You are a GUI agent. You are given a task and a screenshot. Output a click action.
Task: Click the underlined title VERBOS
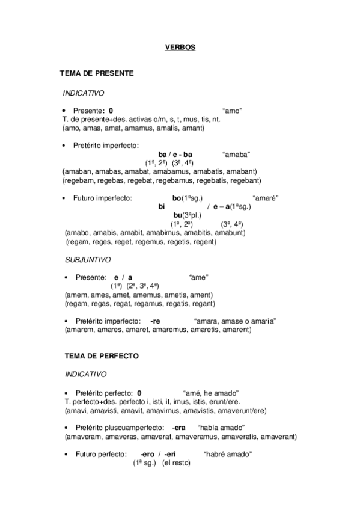pyautogui.click(x=180, y=46)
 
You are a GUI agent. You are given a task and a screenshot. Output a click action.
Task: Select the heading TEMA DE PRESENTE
pyautogui.click(x=96, y=73)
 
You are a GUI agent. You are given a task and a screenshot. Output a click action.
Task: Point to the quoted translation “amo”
pyautogui.click(x=232, y=111)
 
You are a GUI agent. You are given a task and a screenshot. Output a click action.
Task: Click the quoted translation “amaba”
pyautogui.click(x=236, y=155)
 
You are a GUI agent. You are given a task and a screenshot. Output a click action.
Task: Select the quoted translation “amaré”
pyautogui.click(x=266, y=198)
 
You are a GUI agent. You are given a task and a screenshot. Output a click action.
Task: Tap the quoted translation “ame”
pyautogui.click(x=198, y=277)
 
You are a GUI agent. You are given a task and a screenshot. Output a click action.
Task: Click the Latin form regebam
pyautogui.click(x=79, y=180)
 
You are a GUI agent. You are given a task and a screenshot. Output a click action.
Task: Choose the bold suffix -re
pyautogui.click(x=155, y=321)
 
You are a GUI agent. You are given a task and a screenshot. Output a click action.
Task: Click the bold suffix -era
pyautogui.click(x=178, y=427)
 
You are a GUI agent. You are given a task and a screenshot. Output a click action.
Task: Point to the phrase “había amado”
pyautogui.click(x=227, y=427)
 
